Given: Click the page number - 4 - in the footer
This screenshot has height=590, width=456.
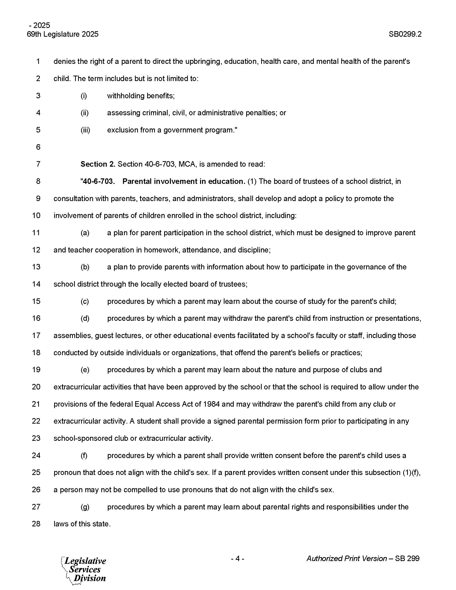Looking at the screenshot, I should (x=237, y=558).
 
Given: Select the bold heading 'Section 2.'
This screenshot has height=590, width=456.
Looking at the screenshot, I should (x=98, y=164).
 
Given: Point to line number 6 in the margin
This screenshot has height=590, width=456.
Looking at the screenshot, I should (x=38, y=147).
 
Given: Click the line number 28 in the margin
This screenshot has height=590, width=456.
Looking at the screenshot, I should (x=36, y=524).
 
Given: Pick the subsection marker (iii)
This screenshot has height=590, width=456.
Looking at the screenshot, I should (x=85, y=130).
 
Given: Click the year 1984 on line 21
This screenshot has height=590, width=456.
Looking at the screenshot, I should (x=211, y=404).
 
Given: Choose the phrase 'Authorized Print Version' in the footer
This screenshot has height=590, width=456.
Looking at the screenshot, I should (x=346, y=558).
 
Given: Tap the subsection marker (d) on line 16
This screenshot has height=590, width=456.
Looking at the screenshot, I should (x=85, y=318).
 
